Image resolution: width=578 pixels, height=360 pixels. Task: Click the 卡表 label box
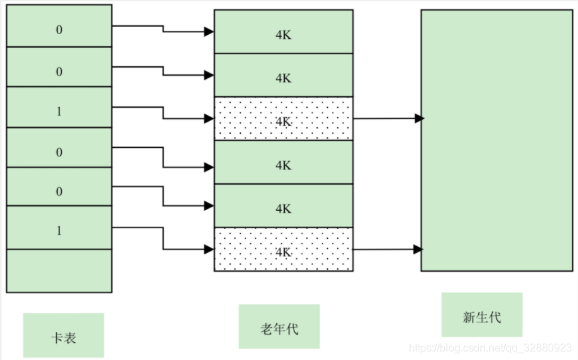[x=64, y=335]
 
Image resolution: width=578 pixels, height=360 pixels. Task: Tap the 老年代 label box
[x=279, y=327]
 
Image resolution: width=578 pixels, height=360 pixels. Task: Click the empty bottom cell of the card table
[x=59, y=270]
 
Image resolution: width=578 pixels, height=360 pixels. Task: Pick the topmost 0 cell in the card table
[x=59, y=29]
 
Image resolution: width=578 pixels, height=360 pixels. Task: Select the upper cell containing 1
[x=59, y=111]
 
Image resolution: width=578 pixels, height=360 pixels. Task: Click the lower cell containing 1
[x=59, y=230]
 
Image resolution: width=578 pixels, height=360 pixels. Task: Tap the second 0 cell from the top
[x=59, y=70]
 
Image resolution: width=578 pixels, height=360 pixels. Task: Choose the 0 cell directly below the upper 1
[x=59, y=152]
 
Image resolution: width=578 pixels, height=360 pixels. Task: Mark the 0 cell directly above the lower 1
[x=59, y=191]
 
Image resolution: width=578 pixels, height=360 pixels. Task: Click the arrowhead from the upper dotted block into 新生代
[x=419, y=118]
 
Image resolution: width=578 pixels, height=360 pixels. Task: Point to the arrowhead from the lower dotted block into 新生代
[x=419, y=250]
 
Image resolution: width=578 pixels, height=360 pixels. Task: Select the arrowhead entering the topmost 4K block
[x=209, y=31]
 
